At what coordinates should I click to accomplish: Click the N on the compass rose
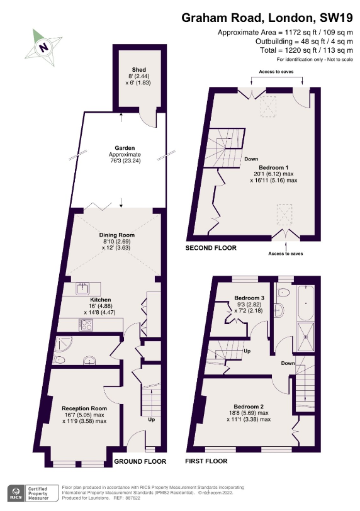(43, 47)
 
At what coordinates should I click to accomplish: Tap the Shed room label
(139, 69)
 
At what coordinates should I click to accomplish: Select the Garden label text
(125, 148)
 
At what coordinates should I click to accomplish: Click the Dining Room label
(116, 235)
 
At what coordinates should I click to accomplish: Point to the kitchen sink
(82, 289)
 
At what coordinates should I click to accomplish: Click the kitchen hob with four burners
(86, 325)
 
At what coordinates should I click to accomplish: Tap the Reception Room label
(84, 408)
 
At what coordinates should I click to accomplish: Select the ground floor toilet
(59, 360)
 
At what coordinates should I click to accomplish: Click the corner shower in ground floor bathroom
(63, 344)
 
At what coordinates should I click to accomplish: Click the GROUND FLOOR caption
(140, 461)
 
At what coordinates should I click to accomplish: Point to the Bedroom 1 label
(274, 167)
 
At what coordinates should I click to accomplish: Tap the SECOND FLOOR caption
(211, 248)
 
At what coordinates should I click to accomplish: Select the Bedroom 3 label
(249, 298)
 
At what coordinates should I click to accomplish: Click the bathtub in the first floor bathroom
(306, 303)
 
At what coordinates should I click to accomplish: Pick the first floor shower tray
(306, 337)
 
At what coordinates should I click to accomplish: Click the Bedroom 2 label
(249, 407)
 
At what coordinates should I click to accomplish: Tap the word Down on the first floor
(288, 363)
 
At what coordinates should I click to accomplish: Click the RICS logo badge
(16, 493)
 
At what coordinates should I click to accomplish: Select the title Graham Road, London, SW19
(267, 18)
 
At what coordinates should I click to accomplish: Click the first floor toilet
(283, 293)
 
